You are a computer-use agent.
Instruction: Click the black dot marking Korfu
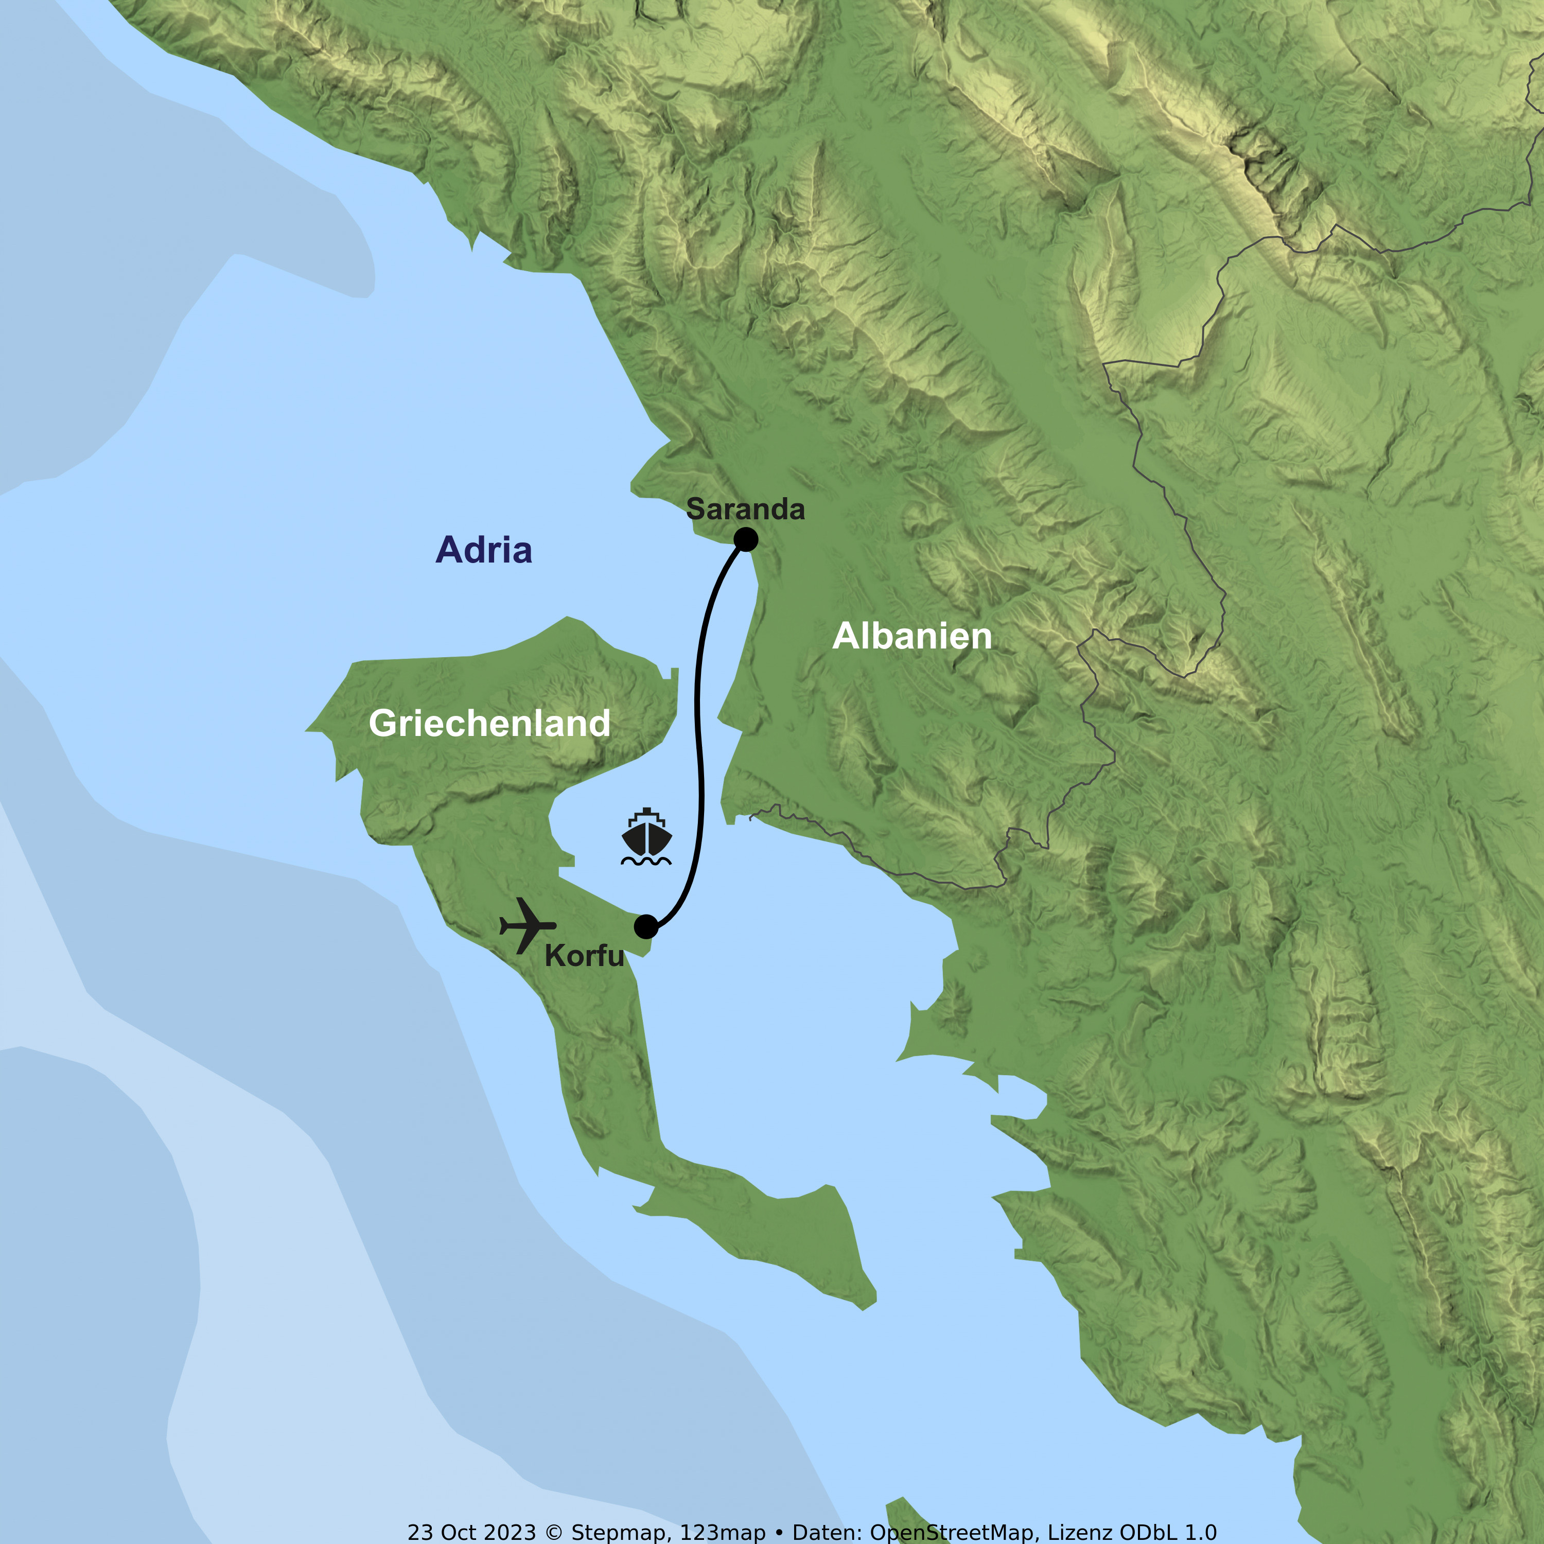click(646, 926)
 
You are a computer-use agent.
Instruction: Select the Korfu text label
click(584, 957)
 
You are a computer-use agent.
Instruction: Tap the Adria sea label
click(483, 551)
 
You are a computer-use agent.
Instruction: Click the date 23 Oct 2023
click(471, 1532)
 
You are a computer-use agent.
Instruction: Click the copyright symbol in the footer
click(553, 1532)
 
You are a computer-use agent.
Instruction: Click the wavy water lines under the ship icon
click(646, 862)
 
